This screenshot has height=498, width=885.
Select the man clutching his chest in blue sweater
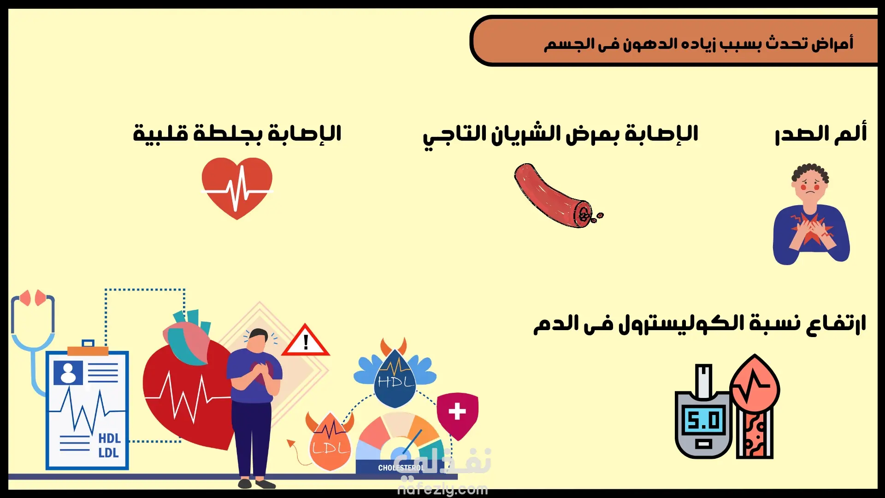coord(811,214)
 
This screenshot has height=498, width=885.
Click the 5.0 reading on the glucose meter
coord(702,420)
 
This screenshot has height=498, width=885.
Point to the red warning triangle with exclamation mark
coord(306,340)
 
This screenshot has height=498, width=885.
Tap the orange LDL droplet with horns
coord(330,440)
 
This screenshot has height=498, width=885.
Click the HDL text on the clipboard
coord(109,438)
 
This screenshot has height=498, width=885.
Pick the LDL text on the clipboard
coord(109,453)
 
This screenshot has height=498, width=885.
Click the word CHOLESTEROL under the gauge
coord(401,468)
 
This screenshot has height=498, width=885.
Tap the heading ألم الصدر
coord(821,134)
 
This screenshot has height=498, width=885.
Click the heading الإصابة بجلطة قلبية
coord(237,134)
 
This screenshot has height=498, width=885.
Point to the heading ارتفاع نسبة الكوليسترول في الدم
coord(700,324)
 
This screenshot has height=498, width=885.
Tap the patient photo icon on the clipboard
coord(68,373)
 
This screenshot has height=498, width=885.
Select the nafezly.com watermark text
coord(442,489)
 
